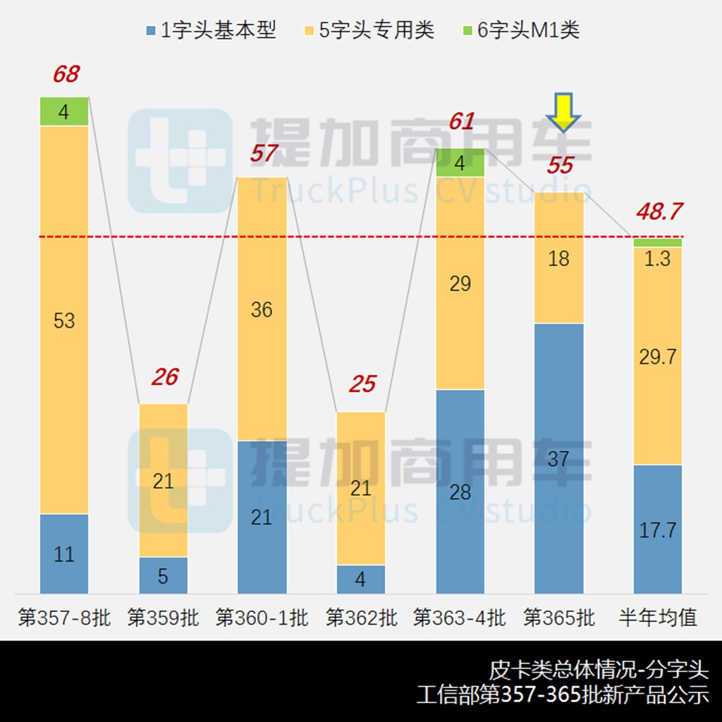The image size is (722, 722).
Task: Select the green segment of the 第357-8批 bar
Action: click(64, 111)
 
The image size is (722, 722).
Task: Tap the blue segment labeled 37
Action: click(559, 458)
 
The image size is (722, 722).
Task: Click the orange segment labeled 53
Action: click(64, 320)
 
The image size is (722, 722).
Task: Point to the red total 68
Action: click(66, 74)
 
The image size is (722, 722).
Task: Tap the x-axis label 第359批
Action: click(164, 618)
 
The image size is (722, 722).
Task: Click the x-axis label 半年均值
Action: click(658, 618)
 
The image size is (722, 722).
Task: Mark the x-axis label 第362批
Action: click(361, 618)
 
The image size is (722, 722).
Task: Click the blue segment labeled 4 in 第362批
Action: click(361, 580)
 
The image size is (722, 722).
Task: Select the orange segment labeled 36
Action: click(262, 309)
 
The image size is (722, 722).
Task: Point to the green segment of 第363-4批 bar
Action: click(460, 163)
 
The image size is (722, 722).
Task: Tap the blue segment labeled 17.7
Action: click(658, 529)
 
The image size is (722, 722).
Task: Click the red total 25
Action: click(362, 384)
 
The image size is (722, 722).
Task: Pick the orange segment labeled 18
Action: click(559, 258)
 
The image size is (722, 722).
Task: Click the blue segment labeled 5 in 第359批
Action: click(164, 575)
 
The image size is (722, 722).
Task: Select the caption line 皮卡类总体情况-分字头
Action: click(599, 670)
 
